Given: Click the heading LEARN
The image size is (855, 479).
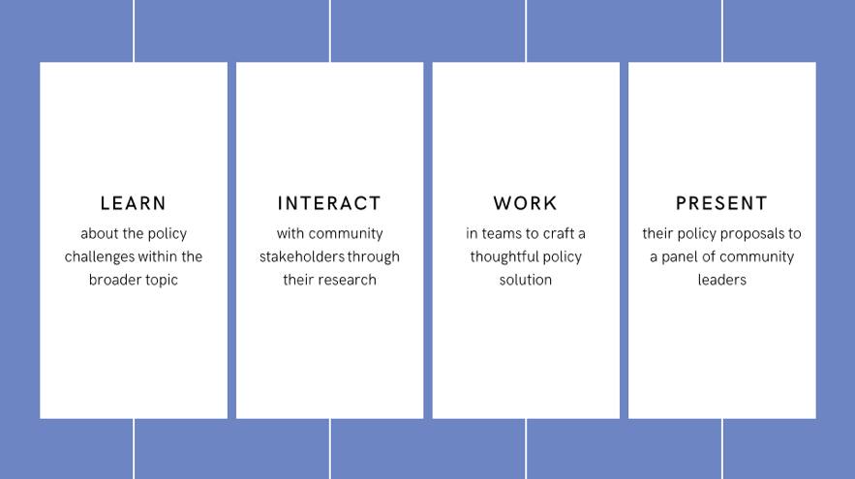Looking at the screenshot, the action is tap(133, 203).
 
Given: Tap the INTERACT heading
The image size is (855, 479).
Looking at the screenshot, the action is tap(329, 203).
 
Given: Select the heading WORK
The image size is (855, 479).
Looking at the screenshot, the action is tap(526, 203).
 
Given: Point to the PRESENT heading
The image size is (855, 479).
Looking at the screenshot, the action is tap(722, 203).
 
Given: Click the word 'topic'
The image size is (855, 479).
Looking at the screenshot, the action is tap(160, 281).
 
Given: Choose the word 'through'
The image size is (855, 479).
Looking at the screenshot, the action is tap(374, 257).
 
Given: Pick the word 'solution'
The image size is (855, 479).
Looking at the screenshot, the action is tap(526, 280).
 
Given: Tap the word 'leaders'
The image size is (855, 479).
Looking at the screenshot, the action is tap(722, 280).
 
